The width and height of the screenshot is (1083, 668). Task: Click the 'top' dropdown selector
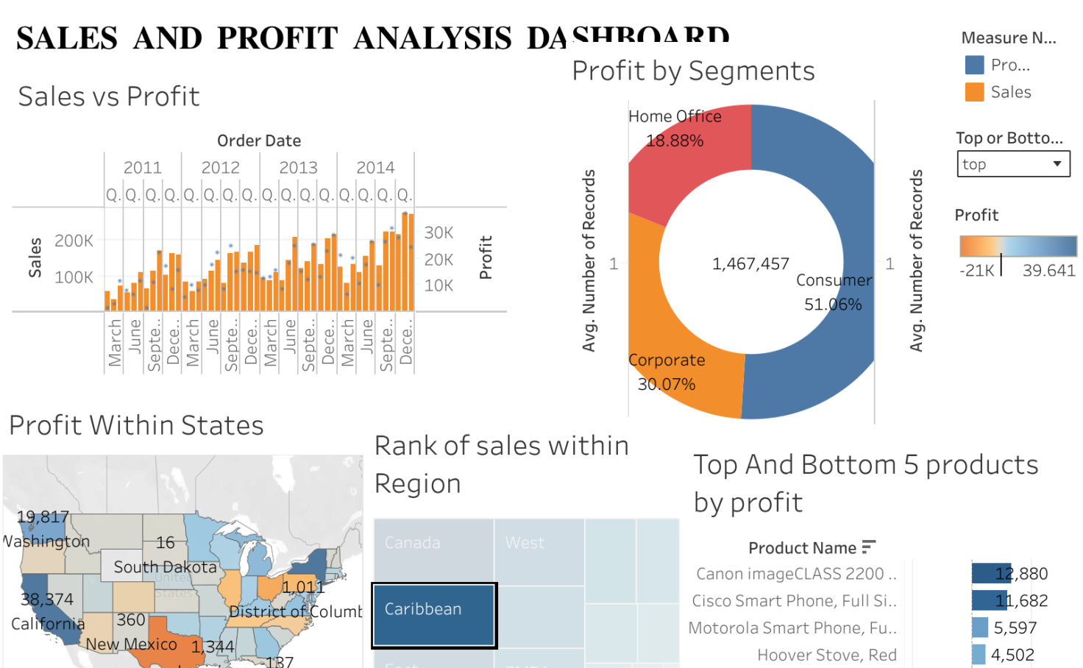click(1013, 164)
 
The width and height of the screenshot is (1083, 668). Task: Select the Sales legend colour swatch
click(974, 92)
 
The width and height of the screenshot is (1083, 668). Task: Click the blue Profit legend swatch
click(974, 65)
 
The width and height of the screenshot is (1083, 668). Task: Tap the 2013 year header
click(298, 168)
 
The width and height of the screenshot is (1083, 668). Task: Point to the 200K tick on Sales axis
click(74, 241)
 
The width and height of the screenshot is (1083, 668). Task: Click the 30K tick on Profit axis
click(438, 232)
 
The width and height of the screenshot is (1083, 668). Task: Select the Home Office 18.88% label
click(675, 141)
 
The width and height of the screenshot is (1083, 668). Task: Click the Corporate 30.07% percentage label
click(667, 384)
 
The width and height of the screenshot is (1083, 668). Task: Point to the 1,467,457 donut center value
click(750, 263)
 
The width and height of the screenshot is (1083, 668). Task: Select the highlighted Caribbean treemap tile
click(434, 616)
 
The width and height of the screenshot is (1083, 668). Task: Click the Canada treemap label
click(412, 543)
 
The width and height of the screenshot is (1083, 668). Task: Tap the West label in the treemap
click(525, 543)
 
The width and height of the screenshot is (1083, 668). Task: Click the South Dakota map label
click(165, 567)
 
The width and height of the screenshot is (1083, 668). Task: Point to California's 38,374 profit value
click(47, 600)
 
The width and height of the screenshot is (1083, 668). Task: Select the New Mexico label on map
click(131, 644)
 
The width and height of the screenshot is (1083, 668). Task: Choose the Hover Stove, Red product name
click(826, 655)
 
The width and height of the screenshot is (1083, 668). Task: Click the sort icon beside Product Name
click(869, 547)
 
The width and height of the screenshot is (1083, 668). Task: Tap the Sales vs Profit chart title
click(109, 96)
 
